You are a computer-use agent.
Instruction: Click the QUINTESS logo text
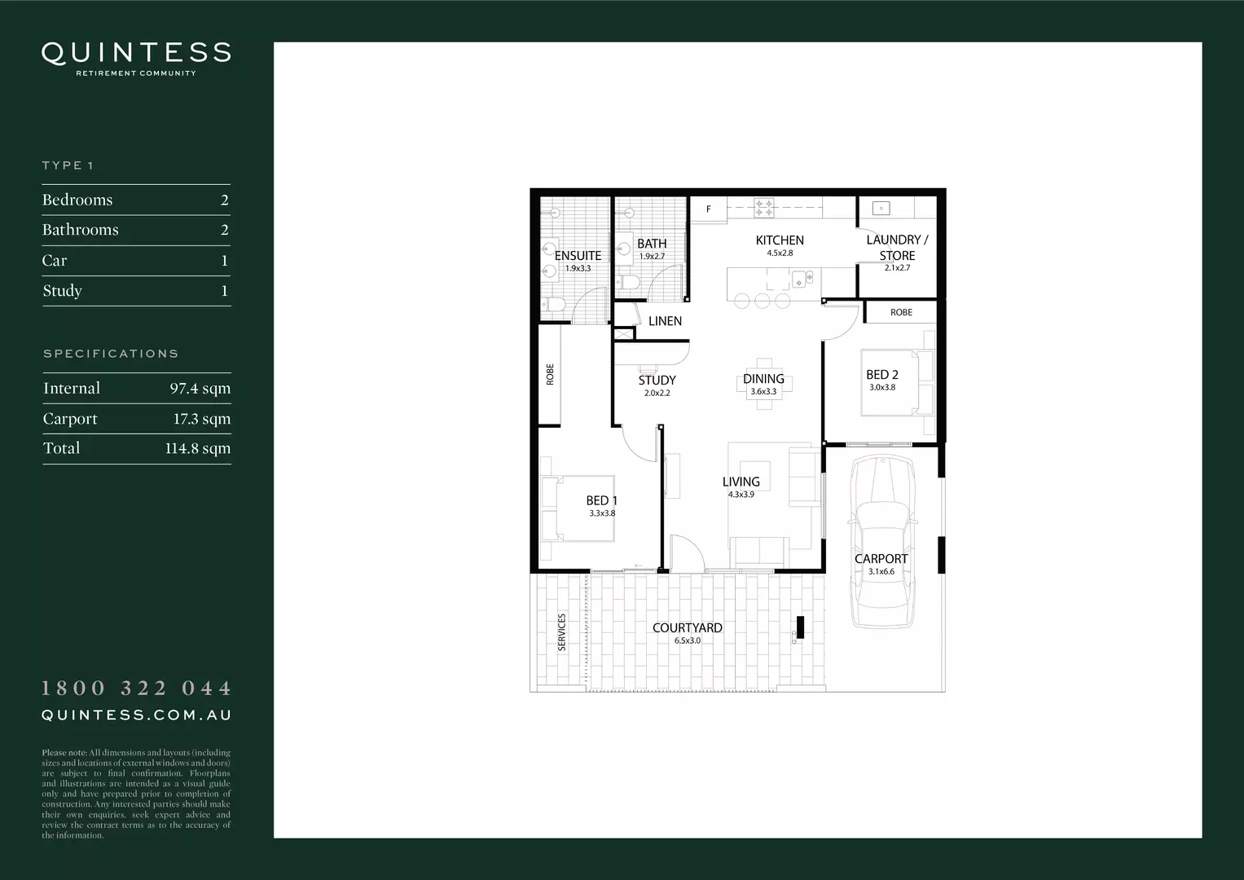click(136, 53)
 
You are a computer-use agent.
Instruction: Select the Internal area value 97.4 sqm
click(200, 389)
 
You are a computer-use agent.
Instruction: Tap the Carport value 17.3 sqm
click(201, 419)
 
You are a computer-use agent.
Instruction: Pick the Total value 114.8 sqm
click(197, 448)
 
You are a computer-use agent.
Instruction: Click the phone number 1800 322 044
click(136, 689)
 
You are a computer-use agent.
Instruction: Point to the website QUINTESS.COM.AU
click(136, 715)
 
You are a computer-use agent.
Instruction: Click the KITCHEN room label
click(780, 240)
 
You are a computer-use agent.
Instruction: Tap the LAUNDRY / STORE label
click(897, 248)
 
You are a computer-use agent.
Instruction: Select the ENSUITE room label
click(578, 256)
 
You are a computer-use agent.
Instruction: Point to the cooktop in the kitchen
click(763, 208)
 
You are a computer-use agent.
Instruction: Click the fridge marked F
click(708, 209)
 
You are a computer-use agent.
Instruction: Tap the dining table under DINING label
click(763, 384)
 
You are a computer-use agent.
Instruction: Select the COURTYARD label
click(688, 628)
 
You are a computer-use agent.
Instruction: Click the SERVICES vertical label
click(561, 632)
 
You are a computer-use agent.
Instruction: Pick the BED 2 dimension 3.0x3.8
click(881, 388)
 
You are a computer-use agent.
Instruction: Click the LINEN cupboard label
click(665, 321)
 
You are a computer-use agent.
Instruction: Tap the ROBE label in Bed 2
click(901, 312)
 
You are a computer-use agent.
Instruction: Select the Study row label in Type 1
click(63, 291)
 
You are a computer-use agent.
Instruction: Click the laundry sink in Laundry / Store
click(881, 208)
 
